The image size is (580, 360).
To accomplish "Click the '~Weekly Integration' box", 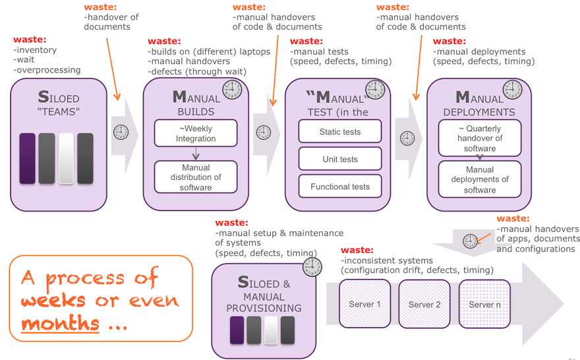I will pyautogui.click(x=196, y=133).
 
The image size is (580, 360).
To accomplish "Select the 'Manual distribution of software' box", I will pyautogui.click(x=196, y=177).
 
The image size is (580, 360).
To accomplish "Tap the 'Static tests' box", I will pyautogui.click(x=340, y=131).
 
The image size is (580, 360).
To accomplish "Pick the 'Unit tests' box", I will pyautogui.click(x=340, y=159).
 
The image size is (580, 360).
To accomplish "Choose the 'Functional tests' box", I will pyautogui.click(x=340, y=187).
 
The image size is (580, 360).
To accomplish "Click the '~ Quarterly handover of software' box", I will pyautogui.click(x=480, y=138).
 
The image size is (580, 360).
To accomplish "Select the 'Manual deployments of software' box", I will pyautogui.click(x=480, y=179).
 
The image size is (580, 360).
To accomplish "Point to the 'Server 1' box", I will pyautogui.click(x=365, y=304).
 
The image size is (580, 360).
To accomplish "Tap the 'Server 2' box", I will pyautogui.click(x=425, y=304).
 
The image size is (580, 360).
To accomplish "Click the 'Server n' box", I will pyautogui.click(x=485, y=304).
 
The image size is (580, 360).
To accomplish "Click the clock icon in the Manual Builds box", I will pyautogui.click(x=231, y=89).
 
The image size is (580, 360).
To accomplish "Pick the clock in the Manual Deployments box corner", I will pyautogui.click(x=511, y=89).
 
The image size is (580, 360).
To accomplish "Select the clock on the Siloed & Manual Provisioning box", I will pyautogui.click(x=312, y=267).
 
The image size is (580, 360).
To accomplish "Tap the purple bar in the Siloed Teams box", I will pyautogui.click(x=27, y=159).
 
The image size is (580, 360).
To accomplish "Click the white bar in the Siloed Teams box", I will pyautogui.click(x=66, y=159).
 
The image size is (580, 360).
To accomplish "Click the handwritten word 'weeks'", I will pyautogui.click(x=53, y=301).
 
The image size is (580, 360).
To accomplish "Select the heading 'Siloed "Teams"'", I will pyautogui.click(x=59, y=104).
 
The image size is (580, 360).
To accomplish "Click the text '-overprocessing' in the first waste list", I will pyautogui.click(x=47, y=70).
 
